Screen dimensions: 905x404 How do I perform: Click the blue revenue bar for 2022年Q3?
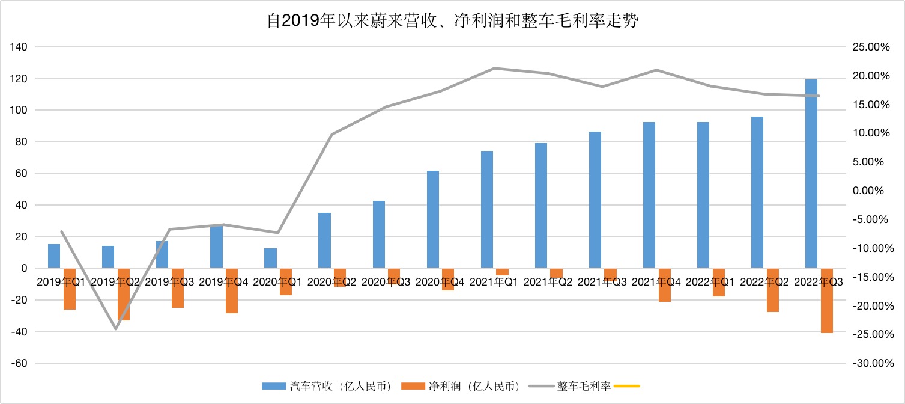click(811, 174)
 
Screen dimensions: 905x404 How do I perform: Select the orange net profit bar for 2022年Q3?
click(826, 301)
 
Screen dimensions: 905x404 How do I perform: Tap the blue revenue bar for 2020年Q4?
click(433, 219)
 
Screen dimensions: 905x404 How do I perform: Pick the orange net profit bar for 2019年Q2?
click(124, 294)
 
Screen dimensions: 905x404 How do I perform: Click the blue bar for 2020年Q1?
click(270, 258)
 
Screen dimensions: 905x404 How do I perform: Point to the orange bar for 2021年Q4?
click(665, 285)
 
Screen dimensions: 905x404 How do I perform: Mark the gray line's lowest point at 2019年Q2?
click(115, 329)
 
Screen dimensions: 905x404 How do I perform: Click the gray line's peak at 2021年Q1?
click(494, 68)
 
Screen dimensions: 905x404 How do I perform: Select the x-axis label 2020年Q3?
click(386, 282)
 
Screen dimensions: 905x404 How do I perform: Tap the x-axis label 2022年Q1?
click(710, 282)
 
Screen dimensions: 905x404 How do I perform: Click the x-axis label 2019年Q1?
click(61, 282)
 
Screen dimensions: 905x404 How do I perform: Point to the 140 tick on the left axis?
click(19, 47)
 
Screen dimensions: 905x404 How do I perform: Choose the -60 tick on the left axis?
click(19, 363)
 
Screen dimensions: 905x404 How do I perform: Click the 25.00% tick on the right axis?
click(871, 47)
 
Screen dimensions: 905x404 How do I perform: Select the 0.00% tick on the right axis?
click(868, 191)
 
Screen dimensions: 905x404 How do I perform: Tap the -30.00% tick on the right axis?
click(873, 363)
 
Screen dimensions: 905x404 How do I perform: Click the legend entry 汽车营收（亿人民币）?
click(327, 386)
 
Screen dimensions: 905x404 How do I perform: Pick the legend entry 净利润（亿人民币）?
click(460, 386)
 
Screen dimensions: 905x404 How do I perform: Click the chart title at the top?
click(453, 20)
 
